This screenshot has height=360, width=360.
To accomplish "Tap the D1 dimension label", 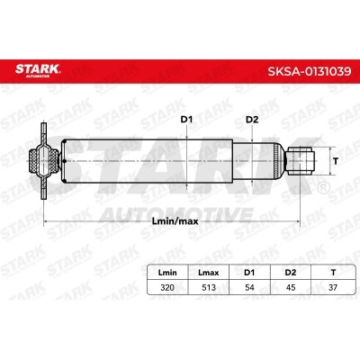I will point(186,119).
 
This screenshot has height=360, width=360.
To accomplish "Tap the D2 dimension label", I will point(252,119).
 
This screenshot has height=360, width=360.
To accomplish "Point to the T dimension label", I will point(337,163).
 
